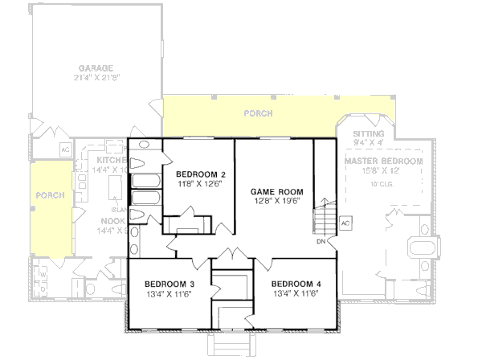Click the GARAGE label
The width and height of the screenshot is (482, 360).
coord(96,68)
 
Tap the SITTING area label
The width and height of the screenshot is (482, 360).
coord(369,133)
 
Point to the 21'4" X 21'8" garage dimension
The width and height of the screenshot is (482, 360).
coord(96,78)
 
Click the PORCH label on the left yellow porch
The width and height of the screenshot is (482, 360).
coord(50,195)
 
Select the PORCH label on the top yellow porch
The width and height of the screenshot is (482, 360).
coord(259,114)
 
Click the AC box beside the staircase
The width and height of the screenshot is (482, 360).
coord(345,223)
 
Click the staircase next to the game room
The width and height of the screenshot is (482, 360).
coord(325,215)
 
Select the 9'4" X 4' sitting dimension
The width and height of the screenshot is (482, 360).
coord(369,143)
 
